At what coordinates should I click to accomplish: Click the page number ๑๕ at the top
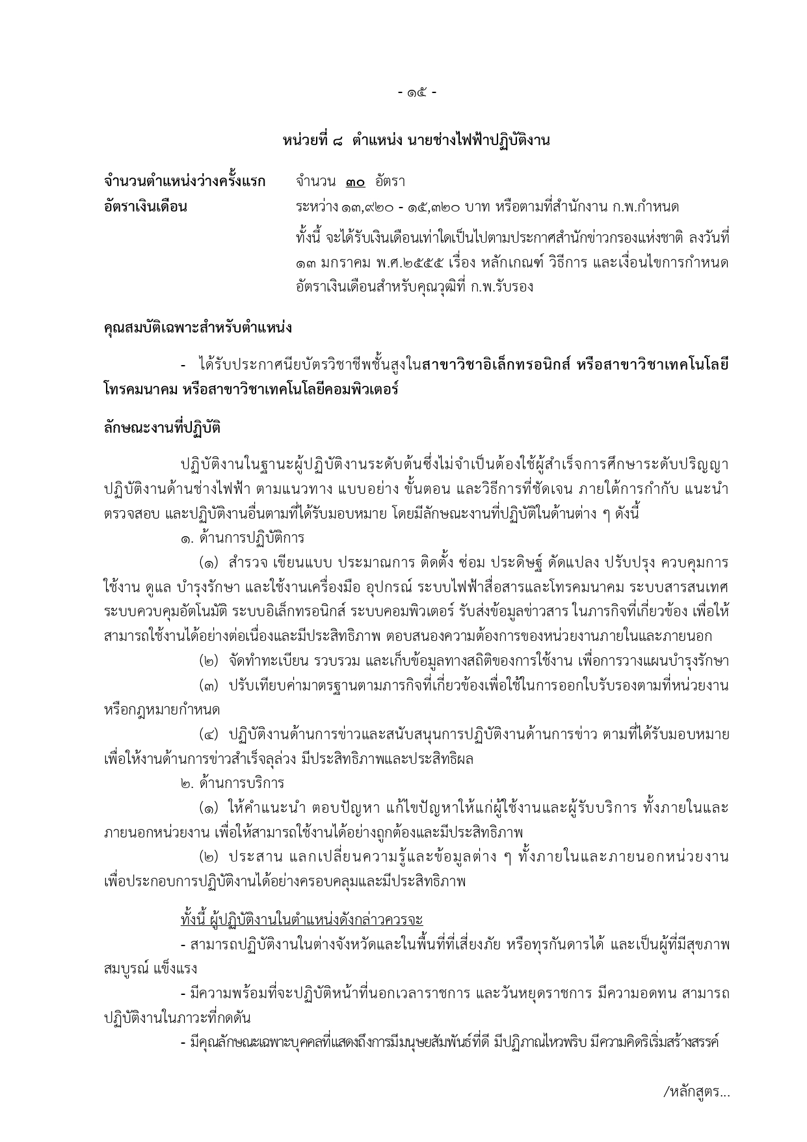click(417, 92)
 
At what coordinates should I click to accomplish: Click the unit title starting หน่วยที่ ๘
click(416, 140)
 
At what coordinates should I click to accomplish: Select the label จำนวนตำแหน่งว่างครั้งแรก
click(185, 181)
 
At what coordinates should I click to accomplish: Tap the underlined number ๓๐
click(355, 182)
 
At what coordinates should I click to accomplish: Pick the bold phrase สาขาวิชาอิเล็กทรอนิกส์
click(496, 364)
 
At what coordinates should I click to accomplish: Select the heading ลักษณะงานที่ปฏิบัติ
click(162, 428)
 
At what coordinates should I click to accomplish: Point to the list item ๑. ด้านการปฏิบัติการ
click(243, 538)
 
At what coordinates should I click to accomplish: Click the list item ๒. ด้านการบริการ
click(232, 783)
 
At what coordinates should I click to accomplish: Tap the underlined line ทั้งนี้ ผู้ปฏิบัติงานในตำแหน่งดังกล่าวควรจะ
click(302, 919)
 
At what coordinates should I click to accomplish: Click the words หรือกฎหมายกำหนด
click(162, 709)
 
